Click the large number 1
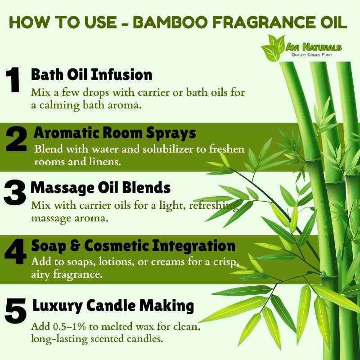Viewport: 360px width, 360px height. coord(13,80)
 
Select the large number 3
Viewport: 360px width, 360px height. coord(15,193)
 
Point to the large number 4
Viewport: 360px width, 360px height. coord(15,251)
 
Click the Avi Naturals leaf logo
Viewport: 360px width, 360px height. coord(273,48)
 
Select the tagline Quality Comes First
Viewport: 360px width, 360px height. coord(311,55)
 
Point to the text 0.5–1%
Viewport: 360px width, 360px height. coord(70,327)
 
